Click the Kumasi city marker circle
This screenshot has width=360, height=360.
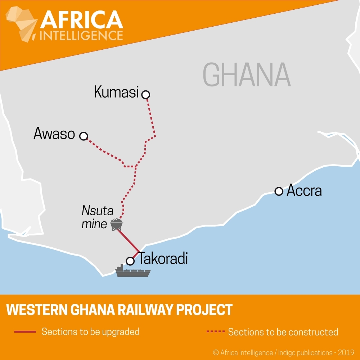(146, 95)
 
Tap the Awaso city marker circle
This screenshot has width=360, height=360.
(84, 136)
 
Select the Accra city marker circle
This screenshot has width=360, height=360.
(279, 191)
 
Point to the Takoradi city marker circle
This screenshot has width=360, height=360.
(130, 261)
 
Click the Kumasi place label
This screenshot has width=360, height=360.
(116, 92)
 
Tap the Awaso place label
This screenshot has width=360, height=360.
(54, 134)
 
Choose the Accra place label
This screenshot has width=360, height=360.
(304, 190)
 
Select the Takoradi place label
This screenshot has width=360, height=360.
(163, 258)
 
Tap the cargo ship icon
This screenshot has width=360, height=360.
(133, 271)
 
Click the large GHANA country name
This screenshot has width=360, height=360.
(247, 75)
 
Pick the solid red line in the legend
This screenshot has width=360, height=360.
(25, 332)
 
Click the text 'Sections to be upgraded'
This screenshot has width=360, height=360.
(90, 332)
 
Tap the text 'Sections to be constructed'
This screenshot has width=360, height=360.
(283, 332)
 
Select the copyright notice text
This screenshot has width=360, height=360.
(284, 352)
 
